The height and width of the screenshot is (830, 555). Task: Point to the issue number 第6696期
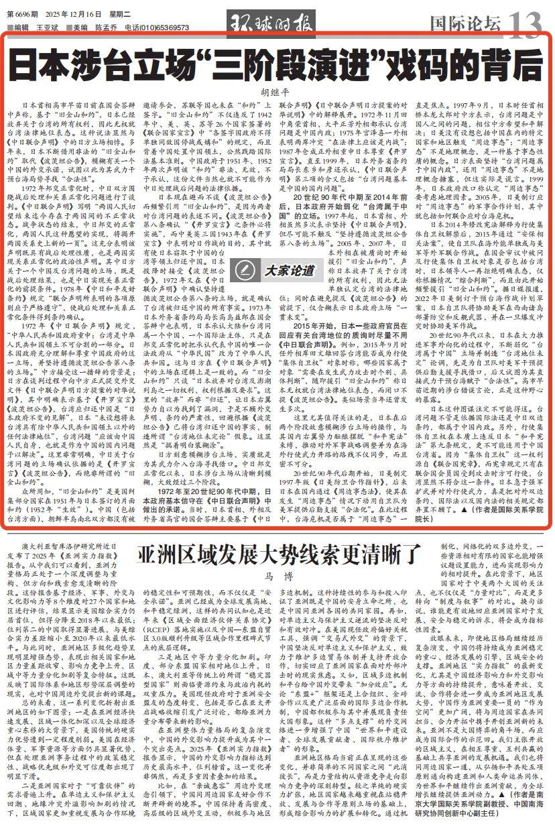tap(23, 14)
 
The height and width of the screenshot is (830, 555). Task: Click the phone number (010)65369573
tap(161, 27)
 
